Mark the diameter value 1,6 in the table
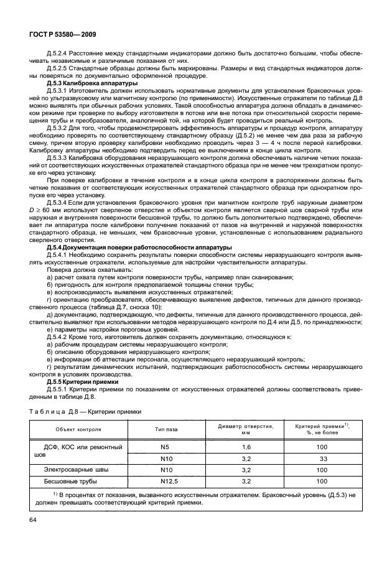[246, 447]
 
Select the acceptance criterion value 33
[323, 459]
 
